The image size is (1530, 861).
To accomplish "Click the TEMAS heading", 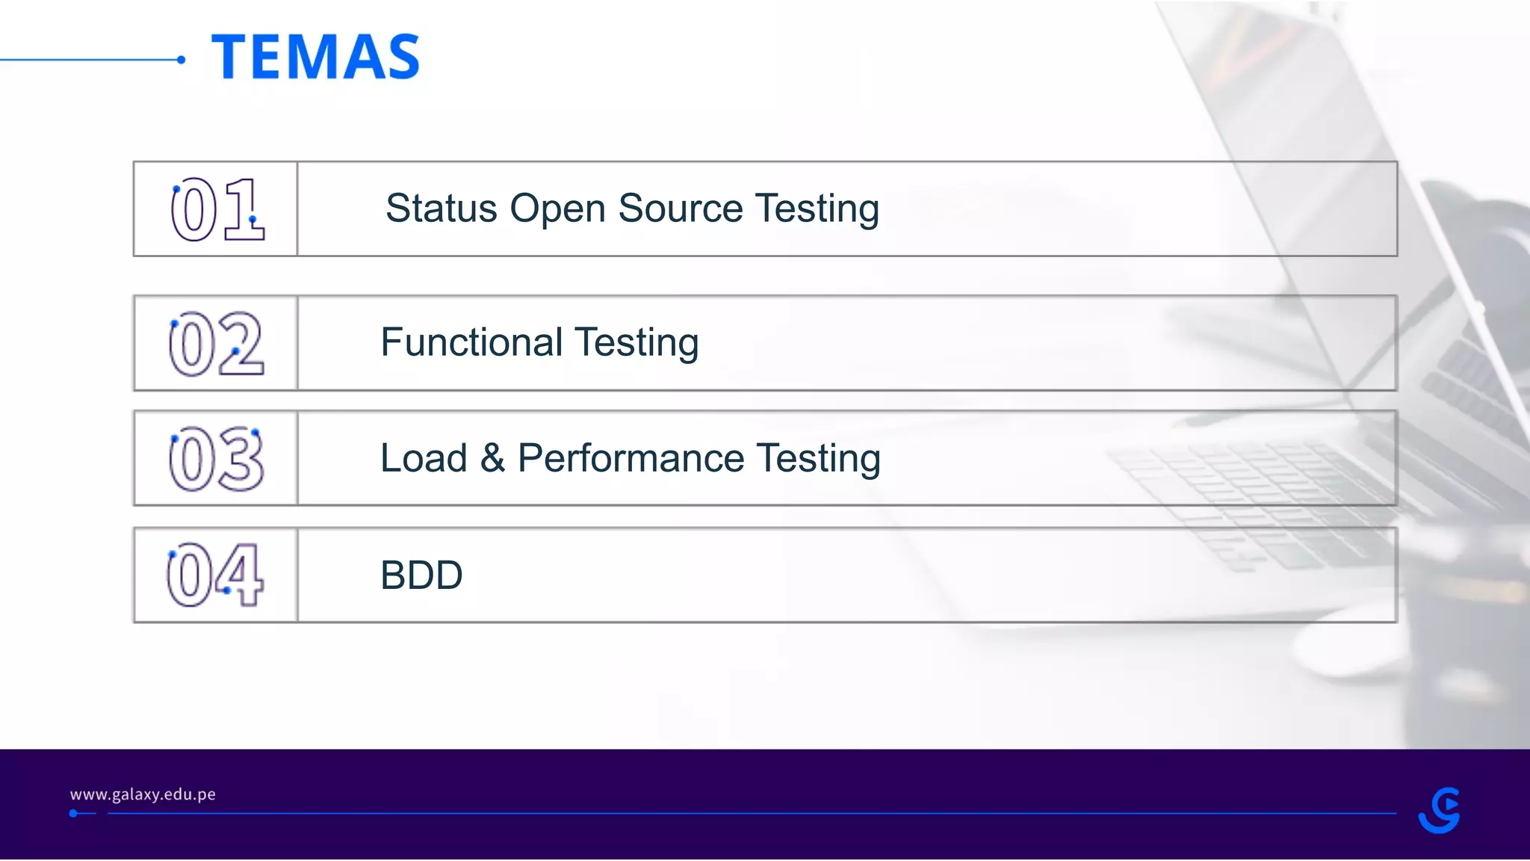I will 315,57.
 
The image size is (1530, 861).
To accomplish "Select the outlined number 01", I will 217,209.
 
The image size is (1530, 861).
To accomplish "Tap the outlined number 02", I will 216,344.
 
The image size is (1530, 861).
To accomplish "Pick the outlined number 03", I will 216,459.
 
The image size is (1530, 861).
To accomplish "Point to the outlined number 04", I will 214,575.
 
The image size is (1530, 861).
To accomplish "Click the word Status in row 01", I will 442,209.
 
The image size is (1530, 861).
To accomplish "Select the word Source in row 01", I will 681,209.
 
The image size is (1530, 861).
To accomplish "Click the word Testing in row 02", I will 637,344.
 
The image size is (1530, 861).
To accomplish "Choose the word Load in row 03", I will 424,458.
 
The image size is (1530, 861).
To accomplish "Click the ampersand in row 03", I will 492,458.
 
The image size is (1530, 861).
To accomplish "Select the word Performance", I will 631,458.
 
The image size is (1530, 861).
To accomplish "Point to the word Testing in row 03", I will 818,460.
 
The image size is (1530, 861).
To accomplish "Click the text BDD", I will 421,575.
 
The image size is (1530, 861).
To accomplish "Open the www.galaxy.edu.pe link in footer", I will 143,794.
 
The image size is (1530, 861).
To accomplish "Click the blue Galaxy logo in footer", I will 1439,810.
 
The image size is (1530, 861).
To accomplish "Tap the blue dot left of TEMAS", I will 181,60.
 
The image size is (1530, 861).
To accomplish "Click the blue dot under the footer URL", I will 73,813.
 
